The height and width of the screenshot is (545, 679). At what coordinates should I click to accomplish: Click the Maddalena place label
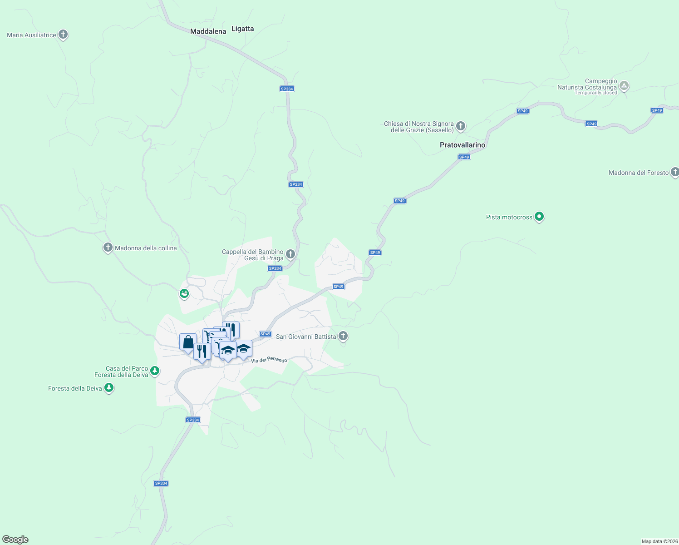(208, 31)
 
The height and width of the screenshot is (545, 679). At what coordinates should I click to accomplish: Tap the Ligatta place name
(242, 29)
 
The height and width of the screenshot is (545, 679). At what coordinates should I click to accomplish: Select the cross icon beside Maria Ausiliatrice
(63, 35)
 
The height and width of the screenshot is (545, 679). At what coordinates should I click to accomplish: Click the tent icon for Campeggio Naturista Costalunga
(624, 85)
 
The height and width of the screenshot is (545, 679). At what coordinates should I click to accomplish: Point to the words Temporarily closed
(595, 93)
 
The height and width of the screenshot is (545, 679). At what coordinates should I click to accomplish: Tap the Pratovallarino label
(462, 145)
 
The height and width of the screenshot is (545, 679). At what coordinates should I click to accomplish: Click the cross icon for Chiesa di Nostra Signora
(461, 126)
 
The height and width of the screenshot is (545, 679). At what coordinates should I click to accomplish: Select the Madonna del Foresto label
(638, 173)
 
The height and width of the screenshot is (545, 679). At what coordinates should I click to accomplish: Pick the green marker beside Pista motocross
(539, 217)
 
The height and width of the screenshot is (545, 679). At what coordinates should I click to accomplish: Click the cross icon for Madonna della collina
(108, 248)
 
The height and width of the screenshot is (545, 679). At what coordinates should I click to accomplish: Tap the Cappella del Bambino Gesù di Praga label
(252, 255)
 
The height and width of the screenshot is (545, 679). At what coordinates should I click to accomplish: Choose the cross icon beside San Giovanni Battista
(343, 336)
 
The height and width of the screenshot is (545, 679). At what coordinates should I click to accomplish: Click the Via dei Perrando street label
(269, 360)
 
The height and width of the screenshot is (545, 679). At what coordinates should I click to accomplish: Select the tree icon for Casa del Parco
(155, 371)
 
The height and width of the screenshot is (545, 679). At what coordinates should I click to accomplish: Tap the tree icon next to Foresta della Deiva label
(108, 388)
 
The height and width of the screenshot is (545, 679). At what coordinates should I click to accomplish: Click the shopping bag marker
(188, 342)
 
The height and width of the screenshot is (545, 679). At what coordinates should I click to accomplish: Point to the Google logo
(15, 540)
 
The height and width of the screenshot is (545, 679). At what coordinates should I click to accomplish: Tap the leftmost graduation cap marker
(228, 350)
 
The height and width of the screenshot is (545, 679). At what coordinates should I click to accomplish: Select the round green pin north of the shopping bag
(184, 294)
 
